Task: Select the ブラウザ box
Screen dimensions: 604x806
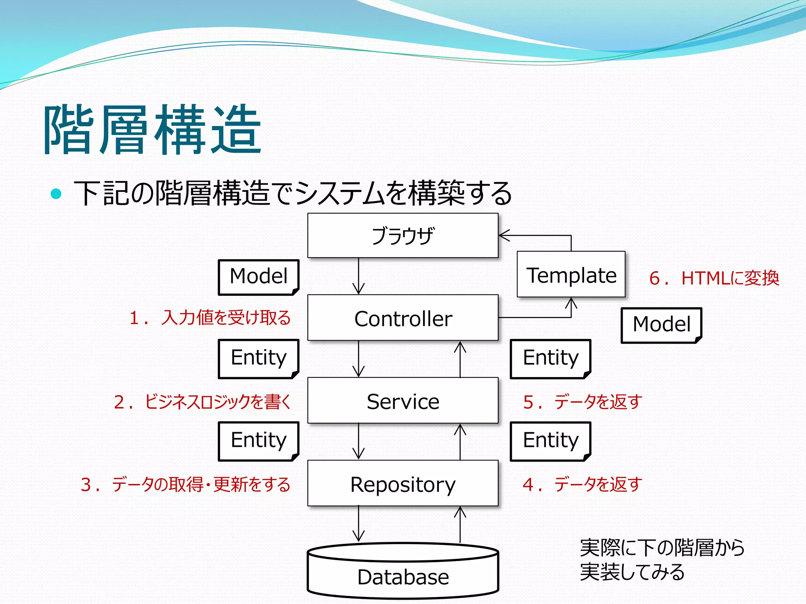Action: pos(403,236)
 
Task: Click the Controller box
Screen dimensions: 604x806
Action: pos(403,318)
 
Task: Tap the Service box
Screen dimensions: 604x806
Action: pos(403,401)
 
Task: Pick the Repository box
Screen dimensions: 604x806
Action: pos(403,483)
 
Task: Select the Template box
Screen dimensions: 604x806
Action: pos(571,274)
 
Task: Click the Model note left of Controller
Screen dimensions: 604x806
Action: pos(259,277)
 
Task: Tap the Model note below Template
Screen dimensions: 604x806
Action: pos(661,325)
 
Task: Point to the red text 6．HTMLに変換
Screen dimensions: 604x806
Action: pos(714,278)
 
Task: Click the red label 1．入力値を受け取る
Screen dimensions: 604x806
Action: pos(210,317)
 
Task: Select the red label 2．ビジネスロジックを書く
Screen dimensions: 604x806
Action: pos(202,401)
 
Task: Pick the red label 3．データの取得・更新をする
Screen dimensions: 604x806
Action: pos(185,484)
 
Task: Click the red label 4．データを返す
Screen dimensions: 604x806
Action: pos(582,484)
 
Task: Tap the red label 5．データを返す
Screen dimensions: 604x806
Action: pos(582,401)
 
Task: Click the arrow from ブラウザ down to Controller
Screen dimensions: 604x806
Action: pos(359,276)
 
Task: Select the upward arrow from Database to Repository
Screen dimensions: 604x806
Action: pos(460,525)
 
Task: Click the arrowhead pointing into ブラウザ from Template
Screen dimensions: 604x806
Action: pos(504,236)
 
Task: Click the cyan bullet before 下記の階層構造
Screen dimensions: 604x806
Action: pos(56,193)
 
